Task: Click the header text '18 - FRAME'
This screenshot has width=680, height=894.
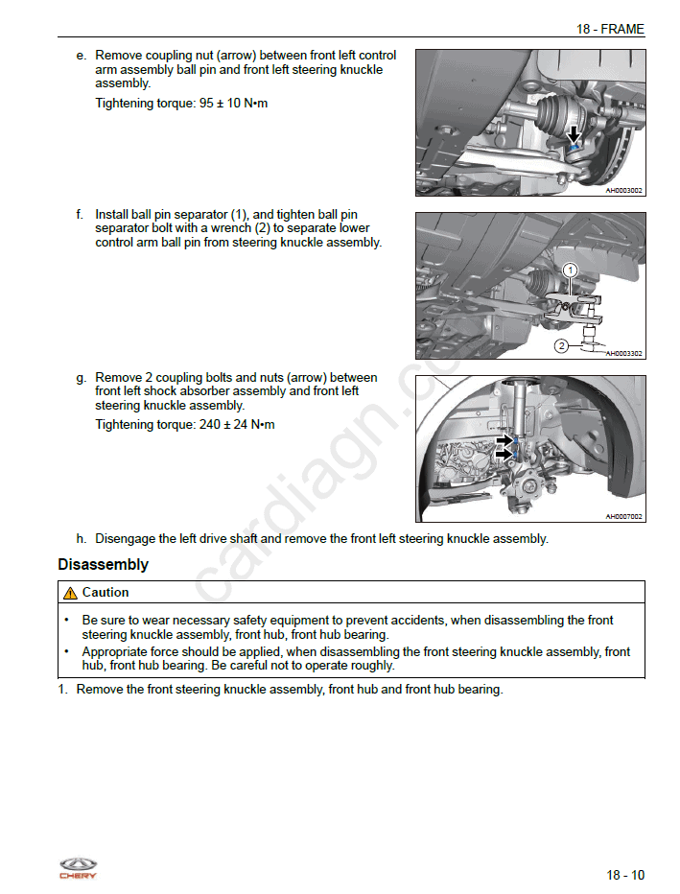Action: click(x=610, y=29)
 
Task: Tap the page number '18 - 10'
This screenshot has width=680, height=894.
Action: click(x=625, y=875)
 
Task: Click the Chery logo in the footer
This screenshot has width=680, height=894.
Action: click(x=78, y=867)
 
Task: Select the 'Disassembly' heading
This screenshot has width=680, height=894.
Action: click(x=103, y=565)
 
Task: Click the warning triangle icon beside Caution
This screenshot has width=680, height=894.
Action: click(x=70, y=593)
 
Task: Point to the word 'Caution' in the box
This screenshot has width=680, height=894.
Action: click(x=106, y=593)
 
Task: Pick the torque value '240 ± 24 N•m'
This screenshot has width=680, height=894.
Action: click(x=237, y=424)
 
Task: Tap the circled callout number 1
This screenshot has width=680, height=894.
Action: click(x=569, y=271)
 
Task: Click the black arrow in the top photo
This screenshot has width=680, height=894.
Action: click(x=574, y=134)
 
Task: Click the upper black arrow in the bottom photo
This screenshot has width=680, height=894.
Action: click(x=504, y=440)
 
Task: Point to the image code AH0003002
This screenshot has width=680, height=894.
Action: click(x=623, y=190)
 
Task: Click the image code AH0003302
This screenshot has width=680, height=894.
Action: click(x=623, y=353)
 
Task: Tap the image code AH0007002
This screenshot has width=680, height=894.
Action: click(x=623, y=517)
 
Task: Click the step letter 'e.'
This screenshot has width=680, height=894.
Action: click(x=82, y=56)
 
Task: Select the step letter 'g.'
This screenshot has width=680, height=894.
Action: click(x=82, y=378)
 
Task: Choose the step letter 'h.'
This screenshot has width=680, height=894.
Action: click(x=82, y=538)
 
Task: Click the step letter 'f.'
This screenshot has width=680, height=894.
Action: click(x=81, y=215)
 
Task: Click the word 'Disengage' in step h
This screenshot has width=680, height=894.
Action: click(x=125, y=538)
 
